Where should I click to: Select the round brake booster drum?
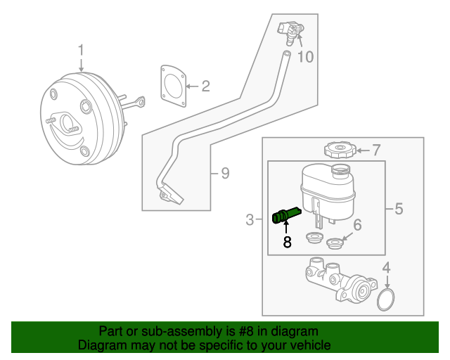pyautogui.click(x=77, y=117)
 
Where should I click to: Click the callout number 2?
pyautogui.click(x=205, y=86)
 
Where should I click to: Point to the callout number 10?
pyautogui.click(x=305, y=56)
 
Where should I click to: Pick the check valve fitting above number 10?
pyautogui.click(x=291, y=30)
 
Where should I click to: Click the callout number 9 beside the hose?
pyautogui.click(x=224, y=172)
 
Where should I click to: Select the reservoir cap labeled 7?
pyautogui.click(x=339, y=150)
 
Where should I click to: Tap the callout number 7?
pyautogui.click(x=375, y=150)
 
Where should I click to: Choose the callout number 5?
pyautogui.click(x=399, y=209)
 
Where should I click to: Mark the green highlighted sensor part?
pyautogui.click(x=285, y=214)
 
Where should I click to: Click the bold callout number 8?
pyautogui.click(x=286, y=243)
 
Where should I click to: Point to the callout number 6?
pyautogui.click(x=356, y=225)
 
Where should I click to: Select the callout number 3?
pyautogui.click(x=250, y=221)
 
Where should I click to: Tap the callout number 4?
pyautogui.click(x=385, y=268)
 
